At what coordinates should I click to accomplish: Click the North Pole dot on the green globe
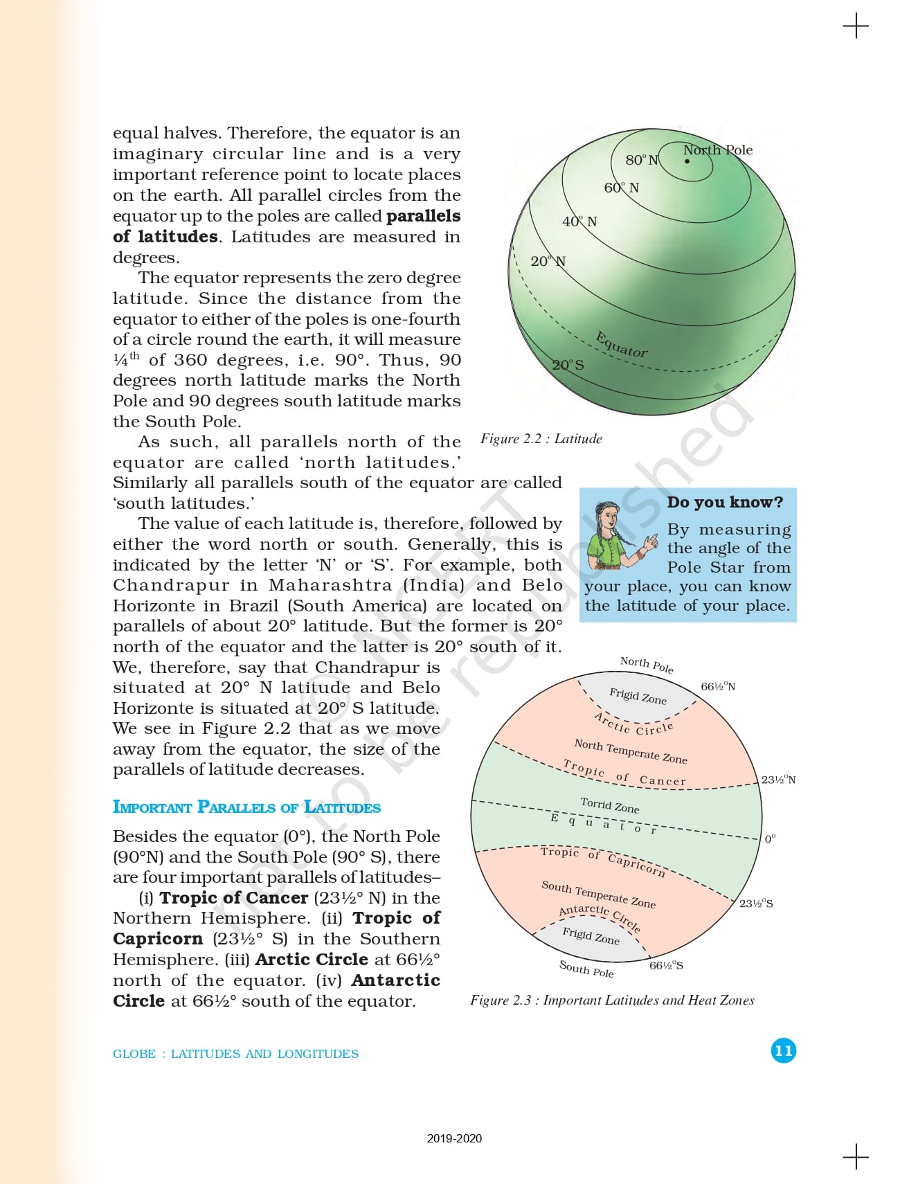pyautogui.click(x=687, y=161)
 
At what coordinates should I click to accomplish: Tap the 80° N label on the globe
pyautogui.click(x=641, y=160)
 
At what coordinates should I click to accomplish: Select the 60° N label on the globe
pyautogui.click(x=621, y=188)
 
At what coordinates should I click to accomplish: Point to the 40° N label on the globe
pyautogui.click(x=579, y=222)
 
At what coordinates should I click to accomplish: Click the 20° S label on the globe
pyautogui.click(x=568, y=365)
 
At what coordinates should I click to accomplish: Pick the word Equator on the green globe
pyautogui.click(x=622, y=344)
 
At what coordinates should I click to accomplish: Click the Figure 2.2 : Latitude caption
pyautogui.click(x=541, y=439)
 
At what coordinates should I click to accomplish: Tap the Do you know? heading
pyautogui.click(x=725, y=502)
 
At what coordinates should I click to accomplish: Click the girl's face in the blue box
pyautogui.click(x=607, y=517)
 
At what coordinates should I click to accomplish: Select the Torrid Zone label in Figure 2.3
pyautogui.click(x=609, y=805)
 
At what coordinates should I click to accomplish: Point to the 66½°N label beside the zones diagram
pyautogui.click(x=718, y=686)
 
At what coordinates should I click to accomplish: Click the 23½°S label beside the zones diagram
pyautogui.click(x=756, y=904)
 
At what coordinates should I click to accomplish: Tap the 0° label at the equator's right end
pyautogui.click(x=770, y=838)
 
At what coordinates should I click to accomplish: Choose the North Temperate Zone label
pyautogui.click(x=630, y=751)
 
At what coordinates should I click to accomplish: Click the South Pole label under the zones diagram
pyautogui.click(x=586, y=969)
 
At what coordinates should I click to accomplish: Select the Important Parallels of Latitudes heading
pyautogui.click(x=246, y=807)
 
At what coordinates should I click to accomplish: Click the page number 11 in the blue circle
pyautogui.click(x=783, y=1050)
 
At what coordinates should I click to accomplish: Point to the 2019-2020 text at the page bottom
pyautogui.click(x=454, y=1138)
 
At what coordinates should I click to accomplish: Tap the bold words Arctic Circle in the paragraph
pyautogui.click(x=312, y=960)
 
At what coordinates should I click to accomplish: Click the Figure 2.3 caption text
pyautogui.click(x=612, y=1001)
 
